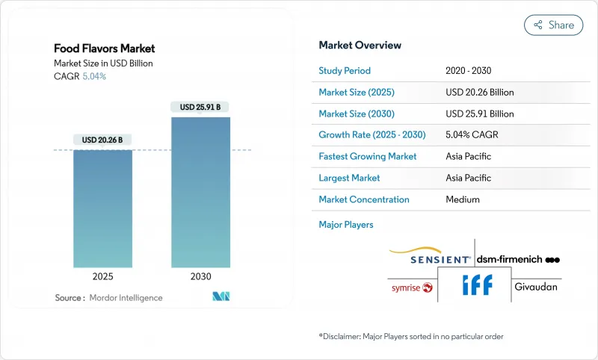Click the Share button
(554, 25)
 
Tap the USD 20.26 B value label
(102, 140)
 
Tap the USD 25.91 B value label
(200, 107)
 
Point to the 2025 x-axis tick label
(102, 276)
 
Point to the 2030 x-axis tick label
(200, 276)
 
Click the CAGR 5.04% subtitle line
(80, 76)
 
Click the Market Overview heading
(360, 45)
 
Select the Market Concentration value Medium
(463, 199)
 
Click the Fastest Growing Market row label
(368, 157)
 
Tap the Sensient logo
(431, 257)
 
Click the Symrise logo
(412, 288)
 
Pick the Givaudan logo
(536, 287)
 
